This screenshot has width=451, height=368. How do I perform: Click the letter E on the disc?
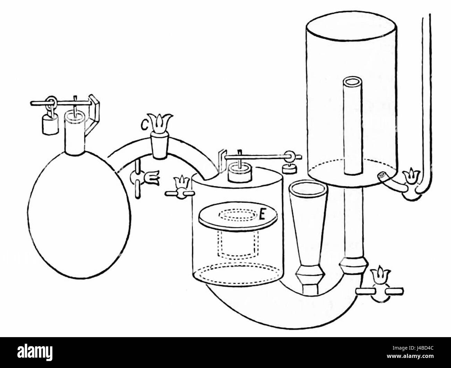click(x=262, y=215)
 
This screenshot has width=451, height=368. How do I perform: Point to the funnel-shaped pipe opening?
click(x=308, y=190)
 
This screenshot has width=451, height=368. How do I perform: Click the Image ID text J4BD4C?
click(x=413, y=348)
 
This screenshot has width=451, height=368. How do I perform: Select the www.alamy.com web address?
click(x=410, y=356)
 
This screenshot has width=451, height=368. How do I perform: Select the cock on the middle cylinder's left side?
click(x=180, y=188)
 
